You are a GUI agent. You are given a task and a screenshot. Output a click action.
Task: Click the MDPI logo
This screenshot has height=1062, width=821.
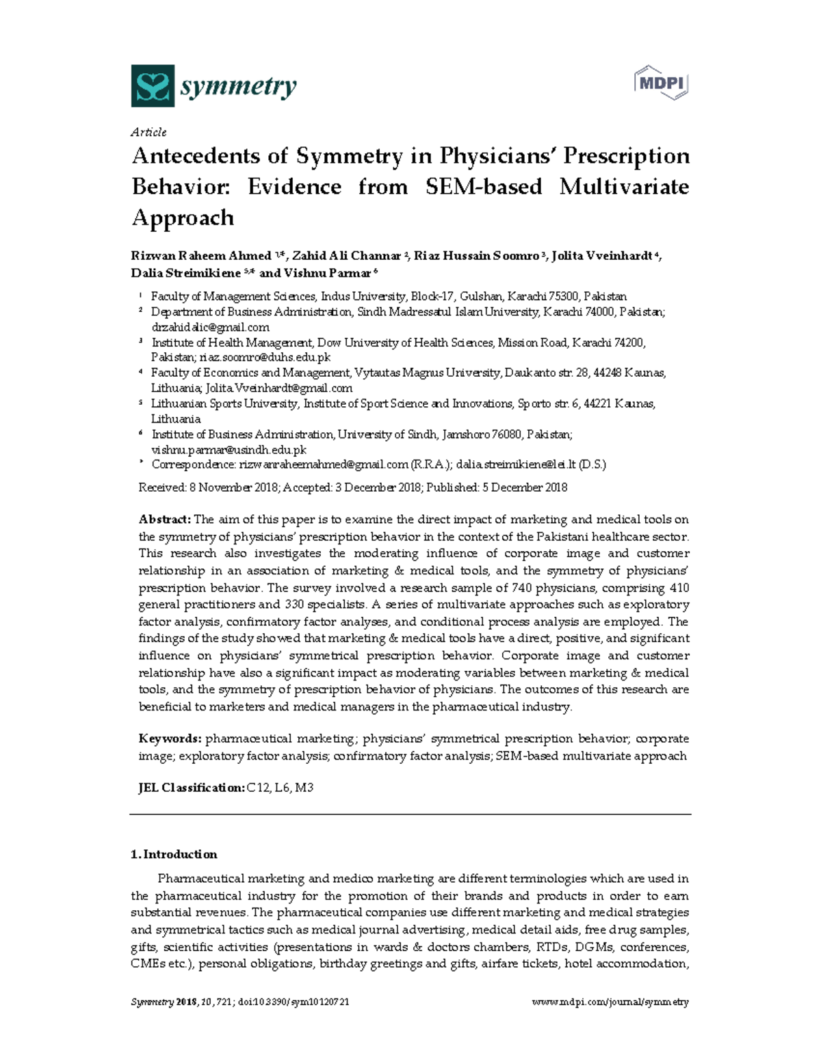(660, 83)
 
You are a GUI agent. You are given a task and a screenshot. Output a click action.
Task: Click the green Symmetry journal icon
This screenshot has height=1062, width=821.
(153, 86)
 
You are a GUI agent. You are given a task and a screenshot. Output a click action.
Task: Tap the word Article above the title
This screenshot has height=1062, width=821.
(148, 132)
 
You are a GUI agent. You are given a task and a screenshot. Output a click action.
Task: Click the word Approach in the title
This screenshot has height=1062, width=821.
(183, 217)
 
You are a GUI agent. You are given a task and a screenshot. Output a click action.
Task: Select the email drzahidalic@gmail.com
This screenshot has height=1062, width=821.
(210, 327)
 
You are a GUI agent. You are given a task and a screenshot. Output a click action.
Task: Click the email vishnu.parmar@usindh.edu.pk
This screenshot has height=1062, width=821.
(229, 449)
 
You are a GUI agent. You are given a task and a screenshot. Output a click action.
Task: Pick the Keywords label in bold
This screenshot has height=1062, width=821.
(170, 739)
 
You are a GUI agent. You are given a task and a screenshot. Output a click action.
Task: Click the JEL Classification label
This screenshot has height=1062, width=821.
(191, 787)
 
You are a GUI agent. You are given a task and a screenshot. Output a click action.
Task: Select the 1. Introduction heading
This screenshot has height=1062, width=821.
(174, 854)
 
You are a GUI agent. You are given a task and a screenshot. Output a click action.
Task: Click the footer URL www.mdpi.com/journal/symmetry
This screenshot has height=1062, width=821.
(610, 1002)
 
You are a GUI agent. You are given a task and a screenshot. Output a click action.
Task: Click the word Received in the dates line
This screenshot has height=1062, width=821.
(161, 488)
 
